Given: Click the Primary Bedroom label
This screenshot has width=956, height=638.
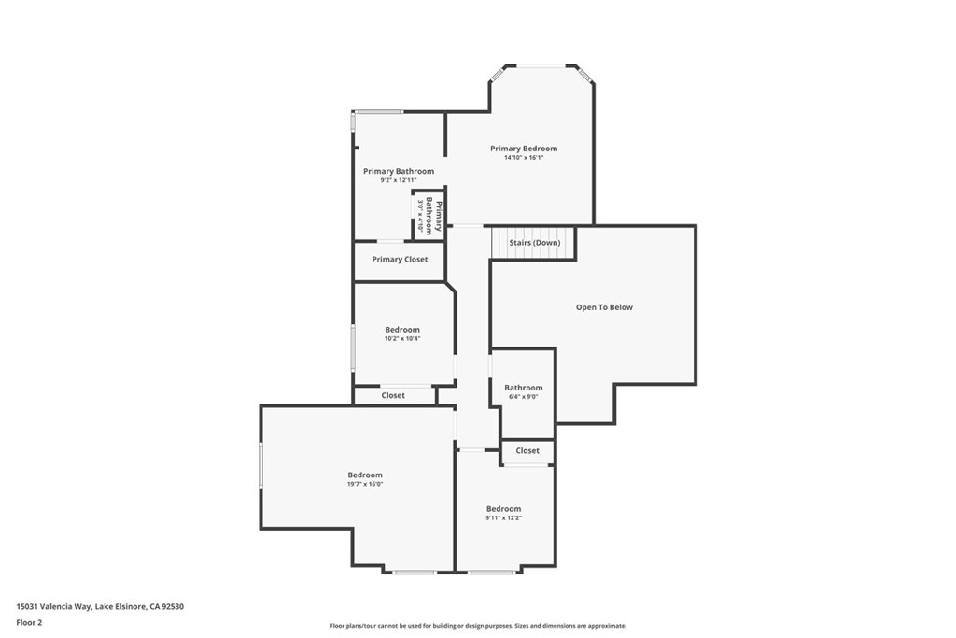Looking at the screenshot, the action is coord(524,149).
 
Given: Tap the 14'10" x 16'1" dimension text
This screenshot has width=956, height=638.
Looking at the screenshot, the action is coord(524,157).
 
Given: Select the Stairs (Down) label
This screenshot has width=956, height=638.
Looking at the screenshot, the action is coord(535,242).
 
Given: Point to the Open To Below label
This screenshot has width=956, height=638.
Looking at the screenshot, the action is coord(604,307).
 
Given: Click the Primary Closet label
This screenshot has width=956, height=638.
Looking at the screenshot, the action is coord(400,260).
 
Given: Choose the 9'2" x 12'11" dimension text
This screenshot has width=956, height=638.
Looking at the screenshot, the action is coord(399,180).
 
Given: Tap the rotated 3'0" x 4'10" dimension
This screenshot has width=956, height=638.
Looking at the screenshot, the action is coord(420,216).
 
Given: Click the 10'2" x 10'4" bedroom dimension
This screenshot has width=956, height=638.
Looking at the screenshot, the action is coord(402,338).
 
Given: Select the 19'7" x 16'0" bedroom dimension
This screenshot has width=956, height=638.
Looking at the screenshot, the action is coord(365,484).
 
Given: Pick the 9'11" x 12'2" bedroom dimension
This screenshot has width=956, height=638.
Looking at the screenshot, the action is coord(503,518).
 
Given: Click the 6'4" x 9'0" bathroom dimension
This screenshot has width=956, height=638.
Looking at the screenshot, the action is coord(524,397).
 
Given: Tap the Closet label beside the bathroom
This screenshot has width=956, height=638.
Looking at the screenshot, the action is coord(527,451).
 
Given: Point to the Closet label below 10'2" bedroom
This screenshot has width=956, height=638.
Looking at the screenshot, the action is coord(393,395).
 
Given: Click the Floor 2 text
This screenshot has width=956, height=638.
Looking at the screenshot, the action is coord(29,623).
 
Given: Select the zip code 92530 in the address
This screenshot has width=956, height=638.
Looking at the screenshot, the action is coord(173,607).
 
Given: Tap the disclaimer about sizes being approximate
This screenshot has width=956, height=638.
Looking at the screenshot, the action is coord(478,626).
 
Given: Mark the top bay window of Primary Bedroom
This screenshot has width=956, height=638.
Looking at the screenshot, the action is coord(541,65).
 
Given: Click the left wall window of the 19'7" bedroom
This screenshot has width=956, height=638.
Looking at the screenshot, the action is coord(261,465).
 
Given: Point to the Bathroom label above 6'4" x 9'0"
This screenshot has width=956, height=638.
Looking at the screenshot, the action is coord(524,388).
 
